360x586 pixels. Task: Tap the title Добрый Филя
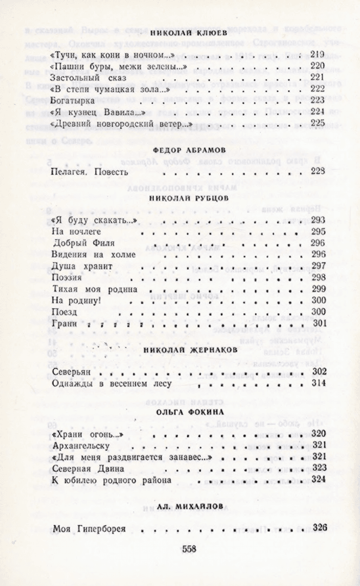point(80,242)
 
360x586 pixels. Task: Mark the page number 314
point(319,384)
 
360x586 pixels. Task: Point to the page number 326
point(319,527)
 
